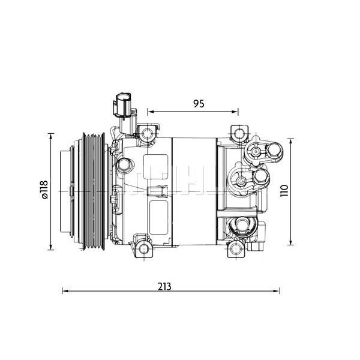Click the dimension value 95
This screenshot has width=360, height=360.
coord(199,103)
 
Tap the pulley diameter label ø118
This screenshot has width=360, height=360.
coord(43,190)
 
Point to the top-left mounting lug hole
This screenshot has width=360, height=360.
coord(146,131)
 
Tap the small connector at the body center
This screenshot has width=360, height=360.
coord(158,191)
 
